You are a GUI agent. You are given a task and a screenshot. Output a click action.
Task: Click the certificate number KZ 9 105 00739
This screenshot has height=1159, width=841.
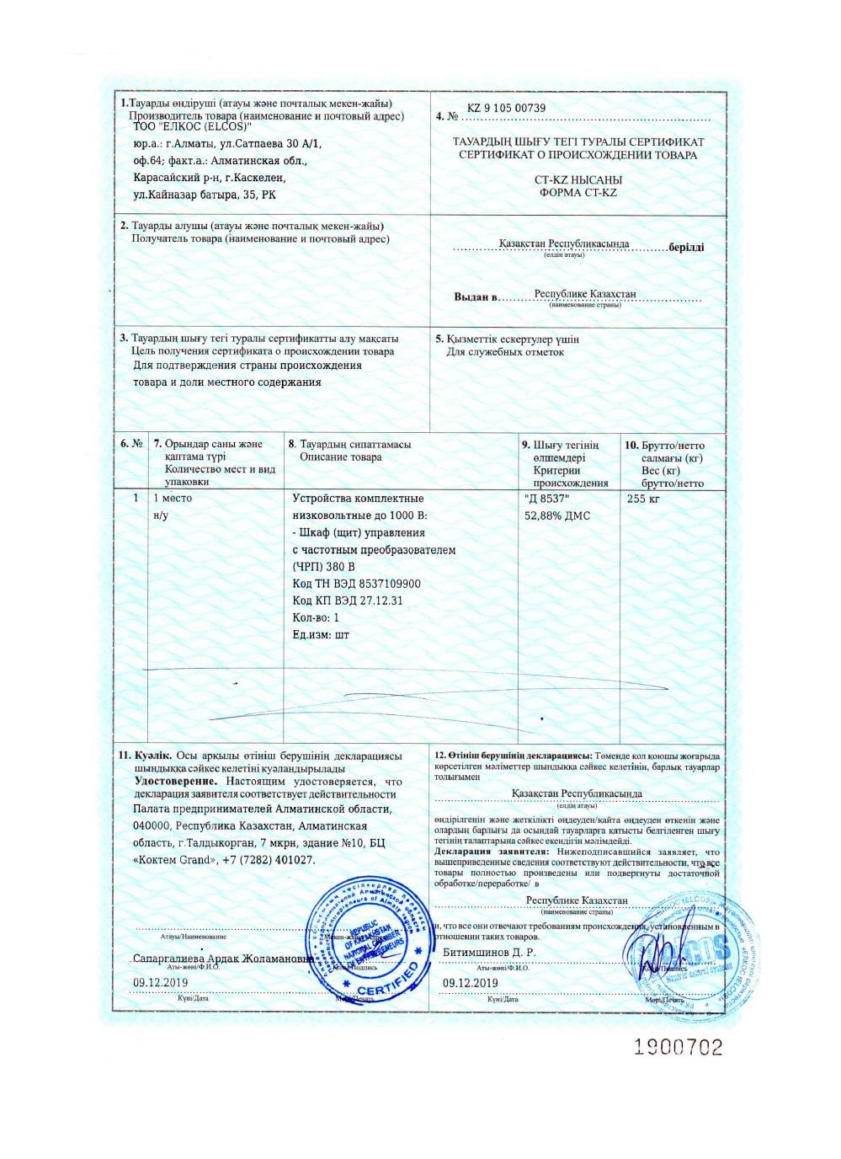506,108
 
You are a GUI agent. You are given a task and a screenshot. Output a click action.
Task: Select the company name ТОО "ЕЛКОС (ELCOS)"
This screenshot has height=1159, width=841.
194,126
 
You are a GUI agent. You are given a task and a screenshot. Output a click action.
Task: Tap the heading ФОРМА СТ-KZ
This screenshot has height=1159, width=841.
578,193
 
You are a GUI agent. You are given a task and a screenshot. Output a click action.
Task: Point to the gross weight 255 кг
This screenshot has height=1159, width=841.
643,499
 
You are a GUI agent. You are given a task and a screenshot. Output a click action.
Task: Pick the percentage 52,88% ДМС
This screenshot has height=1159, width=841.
557,515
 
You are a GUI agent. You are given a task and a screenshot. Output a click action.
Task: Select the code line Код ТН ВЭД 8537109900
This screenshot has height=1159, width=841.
356,584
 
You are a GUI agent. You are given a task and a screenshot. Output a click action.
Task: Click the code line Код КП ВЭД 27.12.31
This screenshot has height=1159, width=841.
347,601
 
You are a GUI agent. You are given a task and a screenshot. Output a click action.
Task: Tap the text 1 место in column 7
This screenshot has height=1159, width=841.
172,498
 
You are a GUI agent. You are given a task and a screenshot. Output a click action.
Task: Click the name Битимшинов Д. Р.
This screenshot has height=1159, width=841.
489,953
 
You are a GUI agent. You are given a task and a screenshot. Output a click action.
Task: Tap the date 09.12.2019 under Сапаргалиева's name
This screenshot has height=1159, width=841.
161,982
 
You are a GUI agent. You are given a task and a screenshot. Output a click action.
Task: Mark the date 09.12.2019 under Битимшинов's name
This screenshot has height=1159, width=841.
470,982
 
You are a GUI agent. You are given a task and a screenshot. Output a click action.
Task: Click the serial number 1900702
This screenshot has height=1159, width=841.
678,1047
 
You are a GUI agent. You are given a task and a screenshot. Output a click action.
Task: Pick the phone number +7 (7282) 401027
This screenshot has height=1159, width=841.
269,860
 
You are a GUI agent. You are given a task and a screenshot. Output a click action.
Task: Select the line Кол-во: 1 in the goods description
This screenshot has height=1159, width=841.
316,617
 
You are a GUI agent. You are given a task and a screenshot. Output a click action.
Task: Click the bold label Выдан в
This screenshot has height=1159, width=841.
476,297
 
